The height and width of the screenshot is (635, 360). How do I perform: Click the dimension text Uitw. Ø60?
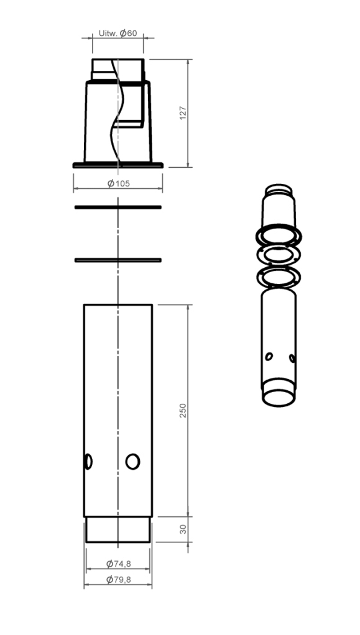tap(118, 33)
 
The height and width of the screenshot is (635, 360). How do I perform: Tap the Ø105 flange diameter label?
tap(118, 183)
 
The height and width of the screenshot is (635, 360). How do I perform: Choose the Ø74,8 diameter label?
tap(118, 564)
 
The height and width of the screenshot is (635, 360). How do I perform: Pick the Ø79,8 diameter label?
tap(118, 580)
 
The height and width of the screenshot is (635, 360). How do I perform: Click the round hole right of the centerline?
tap(132, 461)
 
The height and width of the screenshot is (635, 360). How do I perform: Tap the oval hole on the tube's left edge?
tap(88, 461)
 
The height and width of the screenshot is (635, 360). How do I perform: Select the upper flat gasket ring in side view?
tap(118, 206)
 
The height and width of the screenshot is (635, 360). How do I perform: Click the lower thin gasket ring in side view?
tap(118, 260)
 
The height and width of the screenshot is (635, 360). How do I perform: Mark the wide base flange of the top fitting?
tap(118, 165)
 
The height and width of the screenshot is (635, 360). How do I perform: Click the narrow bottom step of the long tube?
tap(118, 529)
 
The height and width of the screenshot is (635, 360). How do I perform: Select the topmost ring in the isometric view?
tap(278, 235)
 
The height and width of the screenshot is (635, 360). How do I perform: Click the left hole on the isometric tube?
tap(269, 356)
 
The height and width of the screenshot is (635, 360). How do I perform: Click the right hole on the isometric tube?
tap(292, 358)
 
